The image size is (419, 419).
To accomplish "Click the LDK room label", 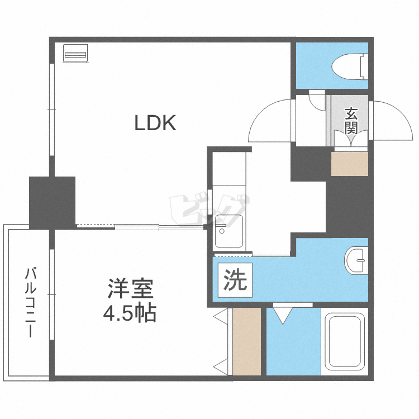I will (155, 123).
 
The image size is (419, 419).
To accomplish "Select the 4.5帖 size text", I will (130, 313).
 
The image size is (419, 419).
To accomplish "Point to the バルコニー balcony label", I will (31, 302).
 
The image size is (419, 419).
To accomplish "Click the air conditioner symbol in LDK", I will (75, 54).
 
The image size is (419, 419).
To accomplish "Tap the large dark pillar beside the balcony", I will (53, 202).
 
